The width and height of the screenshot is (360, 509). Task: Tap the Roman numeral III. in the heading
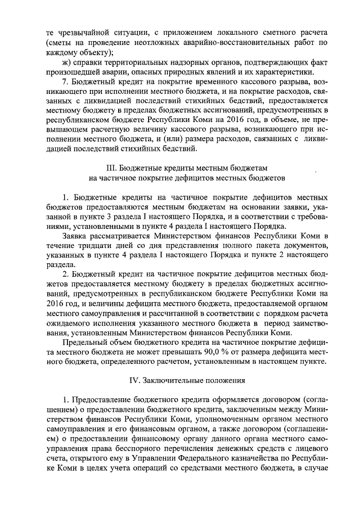pyautogui.click(x=111, y=168)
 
